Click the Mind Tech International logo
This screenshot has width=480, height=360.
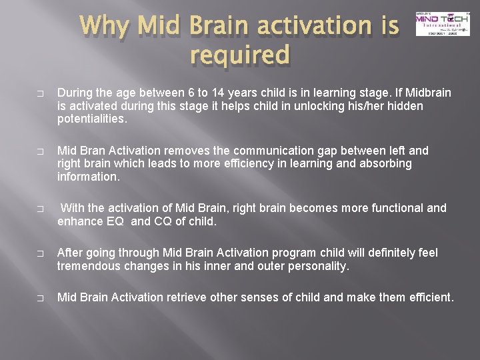437,24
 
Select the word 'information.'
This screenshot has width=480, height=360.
87,177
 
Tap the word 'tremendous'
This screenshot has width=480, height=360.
89,265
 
